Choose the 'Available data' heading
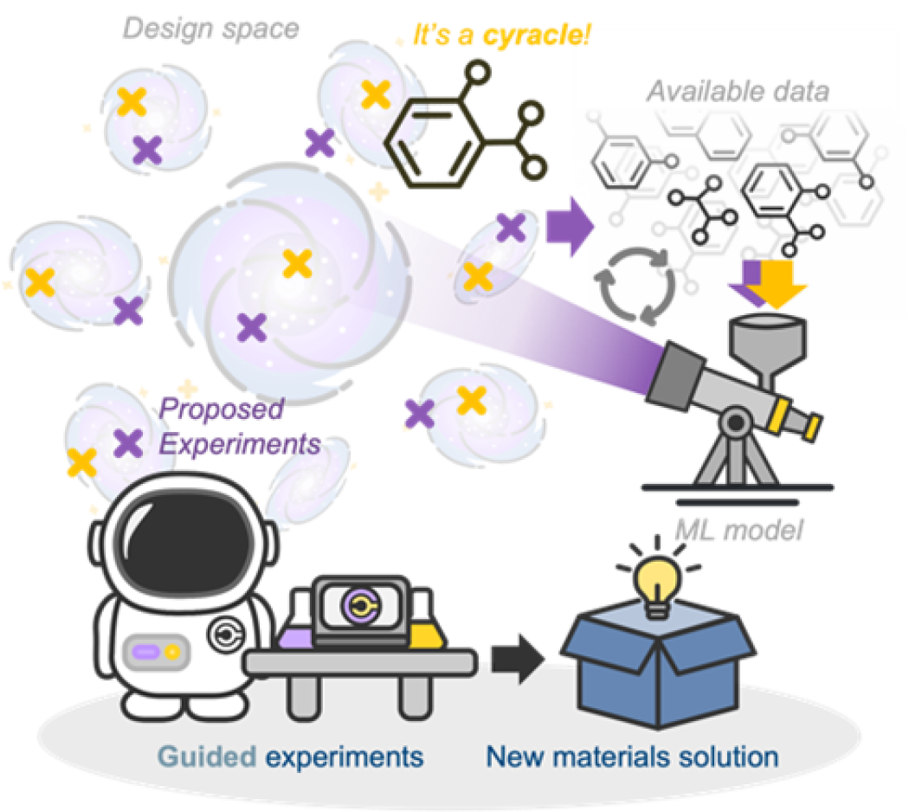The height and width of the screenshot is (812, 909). click(738, 90)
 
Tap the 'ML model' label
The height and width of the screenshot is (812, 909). click(738, 529)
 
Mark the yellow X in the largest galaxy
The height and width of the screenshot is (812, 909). click(296, 263)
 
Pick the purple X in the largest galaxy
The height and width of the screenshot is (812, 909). click(252, 327)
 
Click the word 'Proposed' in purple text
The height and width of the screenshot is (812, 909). click(222, 409)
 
